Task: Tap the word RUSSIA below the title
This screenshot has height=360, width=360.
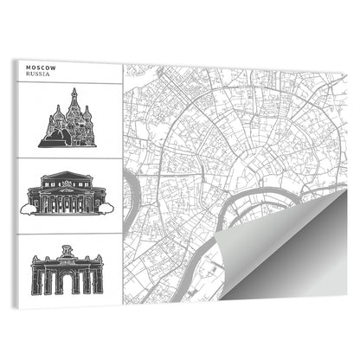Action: [38, 74]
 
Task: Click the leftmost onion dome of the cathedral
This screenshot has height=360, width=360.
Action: [55, 115]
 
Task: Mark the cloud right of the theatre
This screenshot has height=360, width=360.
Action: [106, 206]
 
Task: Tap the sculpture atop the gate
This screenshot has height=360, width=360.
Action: [67, 250]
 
